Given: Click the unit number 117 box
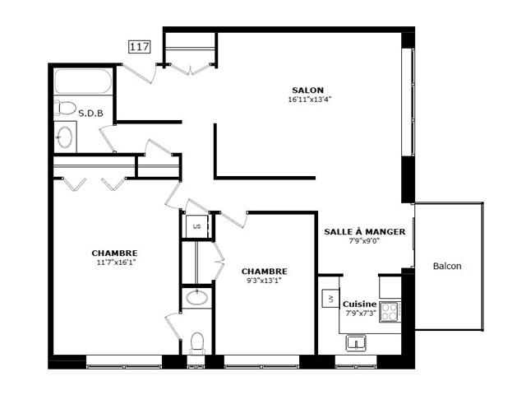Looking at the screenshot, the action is [140, 47].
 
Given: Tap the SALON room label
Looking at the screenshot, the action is [307, 91].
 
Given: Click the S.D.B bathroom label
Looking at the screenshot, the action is [90, 114].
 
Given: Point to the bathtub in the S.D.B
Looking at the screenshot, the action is [83, 81].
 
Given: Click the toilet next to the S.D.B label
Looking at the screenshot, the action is [65, 108].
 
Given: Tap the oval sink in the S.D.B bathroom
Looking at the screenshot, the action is [64, 137].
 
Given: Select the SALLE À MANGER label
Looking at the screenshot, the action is [365, 232].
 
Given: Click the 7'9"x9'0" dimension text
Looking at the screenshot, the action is [364, 241].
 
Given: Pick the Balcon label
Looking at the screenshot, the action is [447, 266].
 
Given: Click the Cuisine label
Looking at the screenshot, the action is [359, 304].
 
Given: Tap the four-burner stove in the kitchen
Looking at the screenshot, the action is [390, 312].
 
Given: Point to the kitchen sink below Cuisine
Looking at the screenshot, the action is [356, 343].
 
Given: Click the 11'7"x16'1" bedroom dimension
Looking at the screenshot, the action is [116, 263].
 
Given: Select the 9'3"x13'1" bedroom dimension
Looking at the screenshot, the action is [264, 281].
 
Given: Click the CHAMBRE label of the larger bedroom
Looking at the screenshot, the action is [115, 253].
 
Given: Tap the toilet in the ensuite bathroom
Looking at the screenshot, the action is [197, 343].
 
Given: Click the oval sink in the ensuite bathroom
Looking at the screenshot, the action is [197, 298].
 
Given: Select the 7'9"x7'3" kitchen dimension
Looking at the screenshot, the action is [361, 314].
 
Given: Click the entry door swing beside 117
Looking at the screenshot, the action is [138, 73].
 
